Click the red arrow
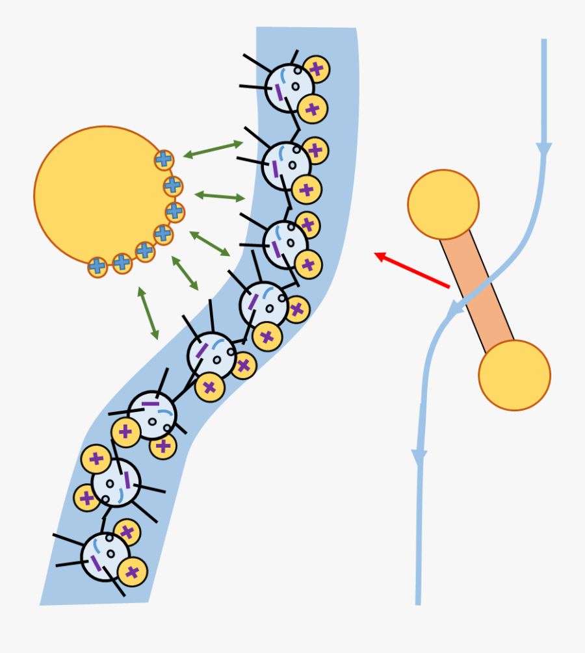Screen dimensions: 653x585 (x=412, y=270)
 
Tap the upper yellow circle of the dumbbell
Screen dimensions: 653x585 (x=443, y=205)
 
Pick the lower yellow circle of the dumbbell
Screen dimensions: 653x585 (x=514, y=375)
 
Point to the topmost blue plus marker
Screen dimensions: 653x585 (x=164, y=159)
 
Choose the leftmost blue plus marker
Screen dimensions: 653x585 (x=97, y=266)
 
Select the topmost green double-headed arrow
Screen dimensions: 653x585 (x=213, y=149)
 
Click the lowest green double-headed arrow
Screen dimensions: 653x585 (x=148, y=313)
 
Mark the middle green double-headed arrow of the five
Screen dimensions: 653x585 (x=210, y=243)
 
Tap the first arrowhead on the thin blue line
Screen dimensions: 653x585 (x=544, y=150)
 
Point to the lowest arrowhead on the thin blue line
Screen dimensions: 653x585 (x=419, y=458)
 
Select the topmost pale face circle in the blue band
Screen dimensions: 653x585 (x=289, y=88)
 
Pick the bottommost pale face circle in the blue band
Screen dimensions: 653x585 (x=105, y=557)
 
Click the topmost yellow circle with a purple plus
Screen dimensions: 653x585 (x=316, y=69)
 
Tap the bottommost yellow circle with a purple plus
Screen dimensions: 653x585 (x=133, y=572)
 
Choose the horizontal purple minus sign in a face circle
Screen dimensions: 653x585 (x=150, y=403)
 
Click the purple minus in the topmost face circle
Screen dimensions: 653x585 (x=279, y=92)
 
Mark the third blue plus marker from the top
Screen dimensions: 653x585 (x=174, y=212)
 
